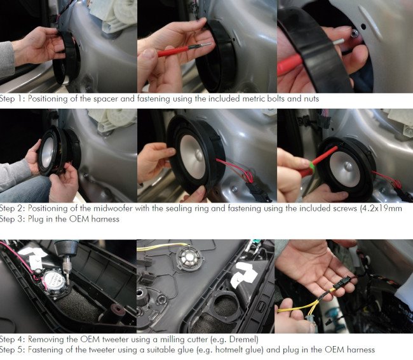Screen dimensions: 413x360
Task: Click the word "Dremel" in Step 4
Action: pos(242,339)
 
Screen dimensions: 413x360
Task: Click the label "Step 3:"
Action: pos(13,219)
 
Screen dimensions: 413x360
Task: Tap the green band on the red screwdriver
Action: pos(312,166)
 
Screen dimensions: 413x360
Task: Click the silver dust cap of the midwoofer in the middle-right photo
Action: pos(348,166)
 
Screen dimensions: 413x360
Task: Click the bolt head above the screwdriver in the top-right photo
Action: pos(355,33)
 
